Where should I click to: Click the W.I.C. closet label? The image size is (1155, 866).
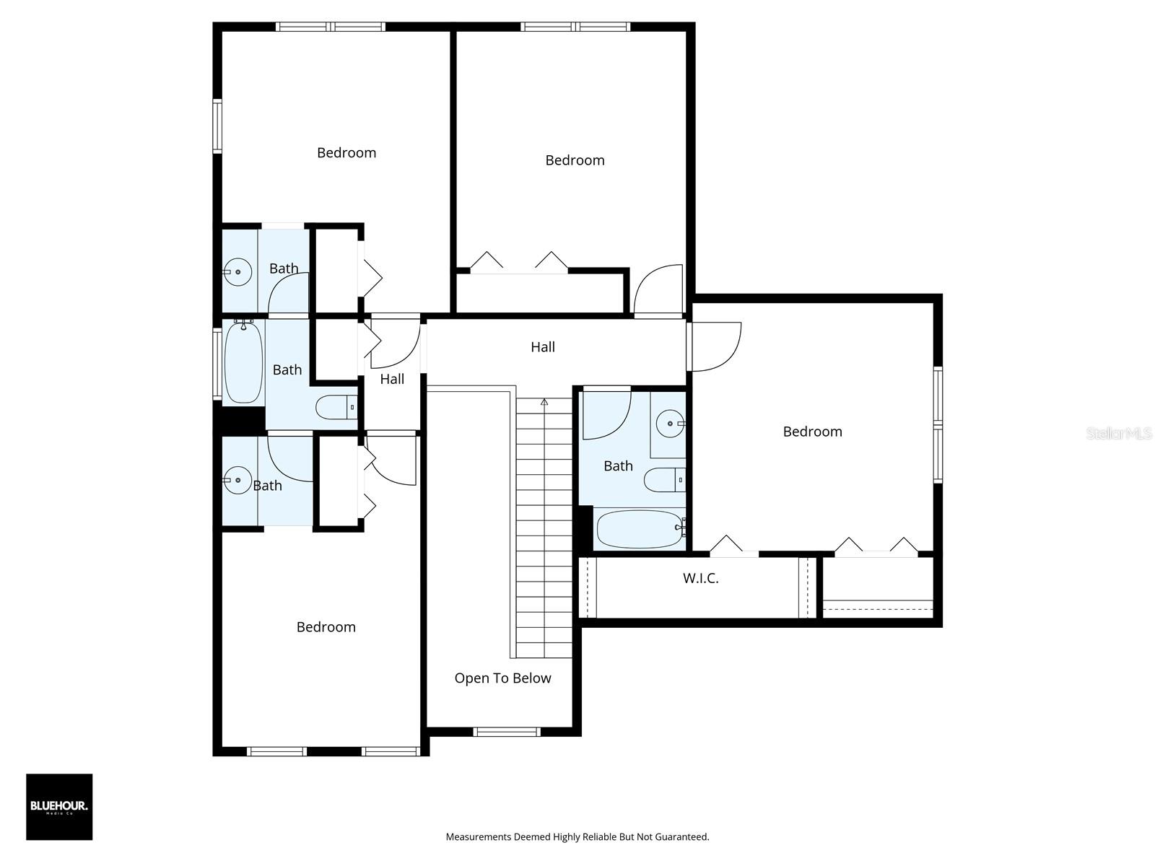tap(700, 578)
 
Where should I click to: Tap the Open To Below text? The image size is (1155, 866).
tap(502, 678)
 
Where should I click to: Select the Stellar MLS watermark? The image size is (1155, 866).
tap(1118, 433)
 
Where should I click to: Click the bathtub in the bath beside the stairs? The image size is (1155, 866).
tap(640, 529)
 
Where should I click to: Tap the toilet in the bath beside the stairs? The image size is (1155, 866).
tap(665, 479)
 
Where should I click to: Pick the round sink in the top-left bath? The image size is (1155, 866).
tap(237, 272)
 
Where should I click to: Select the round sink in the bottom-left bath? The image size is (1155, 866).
tap(237, 480)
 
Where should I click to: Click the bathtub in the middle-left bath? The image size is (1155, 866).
tap(243, 362)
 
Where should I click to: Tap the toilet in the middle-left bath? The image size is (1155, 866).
tap(337, 408)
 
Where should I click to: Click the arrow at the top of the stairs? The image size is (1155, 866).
tap(544, 402)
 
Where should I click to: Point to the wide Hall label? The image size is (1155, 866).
tap(543, 347)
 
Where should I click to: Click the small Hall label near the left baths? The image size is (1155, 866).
tap(392, 379)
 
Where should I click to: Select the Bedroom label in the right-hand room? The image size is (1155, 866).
tap(812, 432)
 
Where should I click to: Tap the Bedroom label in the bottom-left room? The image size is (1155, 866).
tap(326, 626)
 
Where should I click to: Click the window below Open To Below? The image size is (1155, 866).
tap(507, 732)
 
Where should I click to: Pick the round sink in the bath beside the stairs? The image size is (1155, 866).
tap(671, 424)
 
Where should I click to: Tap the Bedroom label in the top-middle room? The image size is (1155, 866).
tap(575, 160)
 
